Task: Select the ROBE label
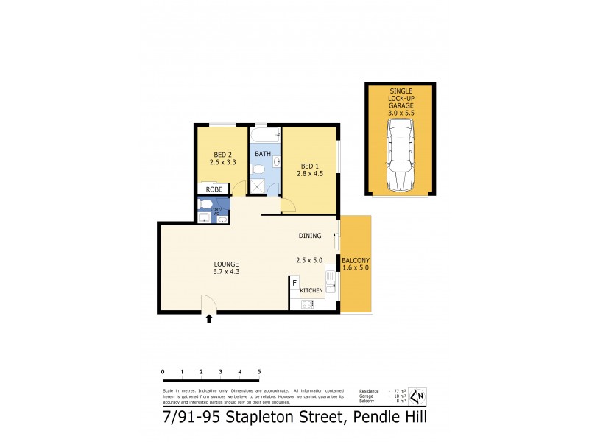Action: click(x=213, y=189)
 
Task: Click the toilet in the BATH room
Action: click(x=257, y=169)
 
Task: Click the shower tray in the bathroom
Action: click(x=257, y=186)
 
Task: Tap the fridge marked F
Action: click(x=294, y=282)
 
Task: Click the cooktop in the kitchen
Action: click(x=307, y=303)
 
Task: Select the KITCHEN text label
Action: click(x=311, y=291)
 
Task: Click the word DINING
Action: click(x=309, y=236)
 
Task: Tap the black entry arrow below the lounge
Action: click(x=209, y=318)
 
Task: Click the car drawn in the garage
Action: click(x=401, y=156)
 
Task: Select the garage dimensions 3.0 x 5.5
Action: click(x=401, y=113)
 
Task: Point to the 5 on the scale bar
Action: click(x=259, y=371)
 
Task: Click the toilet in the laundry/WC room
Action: click(x=204, y=206)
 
